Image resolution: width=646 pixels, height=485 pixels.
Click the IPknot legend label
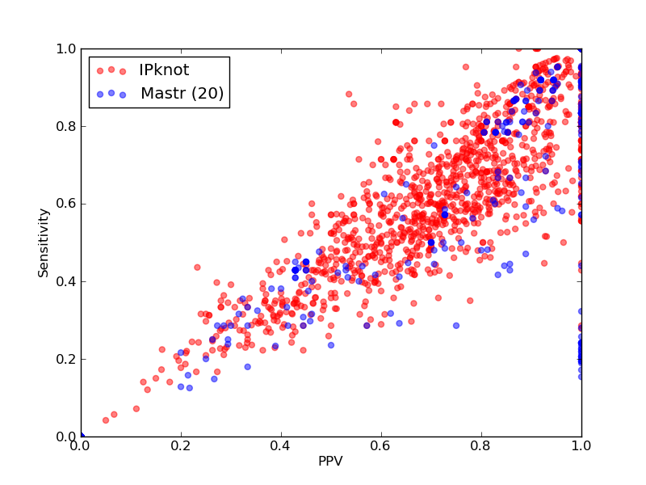coord(164,70)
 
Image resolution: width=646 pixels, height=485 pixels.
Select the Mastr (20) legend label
coord(182,94)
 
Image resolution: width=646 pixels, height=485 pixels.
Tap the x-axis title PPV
coord(330,461)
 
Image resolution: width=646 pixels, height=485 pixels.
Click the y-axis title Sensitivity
coord(44,242)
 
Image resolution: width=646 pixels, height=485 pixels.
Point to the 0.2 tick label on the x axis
coord(181,446)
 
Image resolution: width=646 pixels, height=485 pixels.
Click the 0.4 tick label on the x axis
coord(281,446)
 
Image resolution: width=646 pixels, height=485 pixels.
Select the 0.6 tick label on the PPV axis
coord(381,446)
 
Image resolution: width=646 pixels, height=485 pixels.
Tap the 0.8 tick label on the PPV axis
coord(481,446)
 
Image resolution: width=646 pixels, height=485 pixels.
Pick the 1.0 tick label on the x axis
coord(581,446)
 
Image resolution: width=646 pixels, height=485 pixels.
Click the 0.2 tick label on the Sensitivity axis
coord(66,359)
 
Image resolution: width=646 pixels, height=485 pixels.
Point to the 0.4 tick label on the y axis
coord(66,281)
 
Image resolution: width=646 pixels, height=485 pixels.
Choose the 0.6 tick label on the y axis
coord(66,205)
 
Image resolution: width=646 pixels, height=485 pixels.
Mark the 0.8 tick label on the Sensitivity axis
coord(66,126)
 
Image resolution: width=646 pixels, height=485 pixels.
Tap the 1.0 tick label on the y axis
coord(66,48)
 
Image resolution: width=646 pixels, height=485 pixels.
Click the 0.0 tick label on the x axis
coord(81,446)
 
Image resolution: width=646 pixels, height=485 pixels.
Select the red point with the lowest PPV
coord(106,420)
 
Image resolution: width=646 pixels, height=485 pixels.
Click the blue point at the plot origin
coord(82,436)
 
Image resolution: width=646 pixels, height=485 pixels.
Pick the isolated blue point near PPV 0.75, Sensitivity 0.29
coord(456,326)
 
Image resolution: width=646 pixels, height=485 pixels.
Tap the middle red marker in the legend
coord(111,70)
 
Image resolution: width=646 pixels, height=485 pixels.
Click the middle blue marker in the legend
coord(111,93)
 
